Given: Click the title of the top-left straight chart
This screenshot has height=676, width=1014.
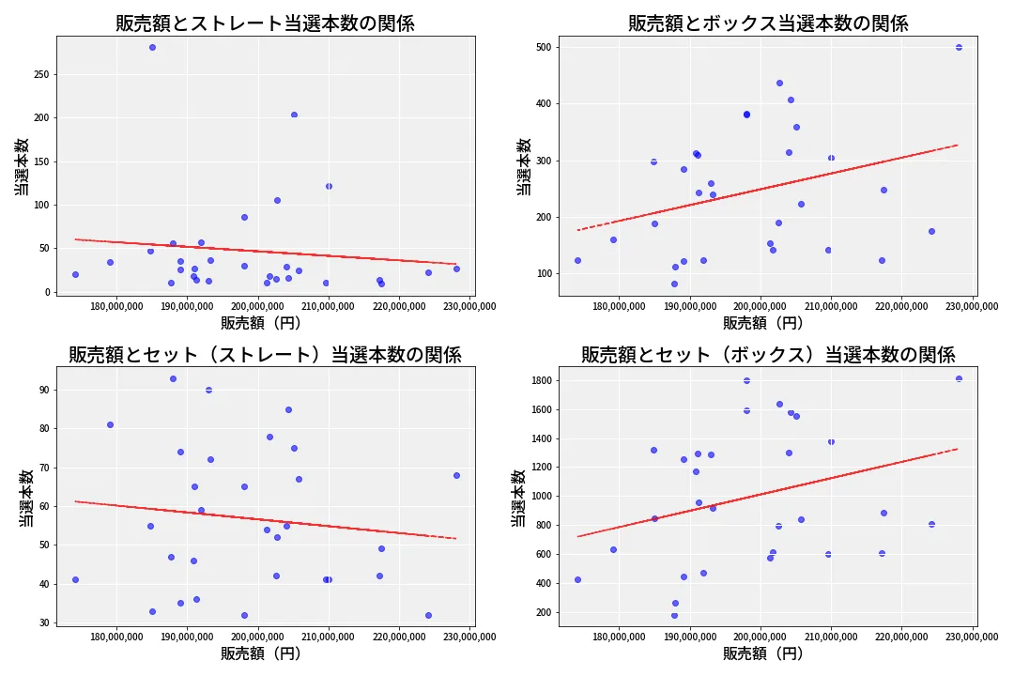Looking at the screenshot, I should click(265, 23).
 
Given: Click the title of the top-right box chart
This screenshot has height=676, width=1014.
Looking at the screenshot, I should click(768, 23).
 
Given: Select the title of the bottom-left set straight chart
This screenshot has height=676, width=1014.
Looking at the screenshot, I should click(265, 355).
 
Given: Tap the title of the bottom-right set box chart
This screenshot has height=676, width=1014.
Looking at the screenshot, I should click(768, 355).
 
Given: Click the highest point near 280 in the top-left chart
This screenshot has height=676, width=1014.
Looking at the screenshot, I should click(152, 47).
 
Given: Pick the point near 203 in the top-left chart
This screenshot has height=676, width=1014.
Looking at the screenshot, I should click(294, 115).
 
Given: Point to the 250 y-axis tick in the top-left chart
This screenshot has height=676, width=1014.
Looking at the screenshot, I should click(39, 74).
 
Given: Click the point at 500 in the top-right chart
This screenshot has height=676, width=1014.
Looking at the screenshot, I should click(959, 47).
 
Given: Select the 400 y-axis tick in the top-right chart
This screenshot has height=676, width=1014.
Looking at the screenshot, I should click(542, 103).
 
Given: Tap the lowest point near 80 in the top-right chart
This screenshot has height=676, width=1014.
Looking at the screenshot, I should click(674, 284).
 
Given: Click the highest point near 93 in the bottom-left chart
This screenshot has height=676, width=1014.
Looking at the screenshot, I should click(173, 378).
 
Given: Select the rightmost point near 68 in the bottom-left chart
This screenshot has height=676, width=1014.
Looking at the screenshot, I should click(456, 475).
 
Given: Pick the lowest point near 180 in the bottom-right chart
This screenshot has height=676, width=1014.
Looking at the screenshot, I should click(674, 616).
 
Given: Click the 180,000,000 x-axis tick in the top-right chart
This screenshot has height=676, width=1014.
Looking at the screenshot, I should click(619, 306).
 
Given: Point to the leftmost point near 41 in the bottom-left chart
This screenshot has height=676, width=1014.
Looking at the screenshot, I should click(75, 579).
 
